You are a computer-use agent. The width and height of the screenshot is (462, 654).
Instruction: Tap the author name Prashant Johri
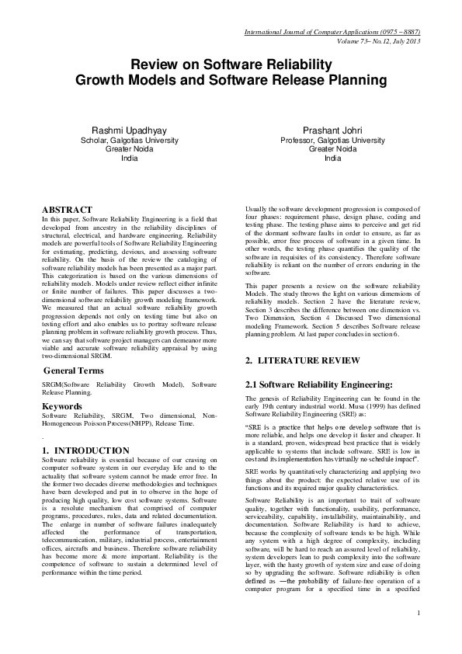pyautogui.click(x=332, y=130)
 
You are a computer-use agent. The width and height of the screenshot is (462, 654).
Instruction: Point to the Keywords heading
pyautogui.click(x=62, y=406)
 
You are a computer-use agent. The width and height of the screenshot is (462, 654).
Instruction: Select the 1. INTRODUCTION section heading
pyautogui.click(x=85, y=450)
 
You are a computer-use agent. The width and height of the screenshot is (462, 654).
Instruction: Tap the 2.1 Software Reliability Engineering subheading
pyautogui.click(x=318, y=384)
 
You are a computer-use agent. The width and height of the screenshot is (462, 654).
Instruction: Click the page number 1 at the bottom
pyautogui.click(x=418, y=635)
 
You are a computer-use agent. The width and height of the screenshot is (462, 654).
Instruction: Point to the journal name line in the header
pyautogui.click(x=332, y=32)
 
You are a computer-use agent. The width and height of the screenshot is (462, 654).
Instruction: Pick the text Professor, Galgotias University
pyautogui.click(x=332, y=141)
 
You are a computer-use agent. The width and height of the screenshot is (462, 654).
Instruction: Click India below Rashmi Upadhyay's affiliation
pyautogui.click(x=130, y=158)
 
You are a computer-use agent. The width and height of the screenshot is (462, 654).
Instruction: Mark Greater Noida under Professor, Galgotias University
pyautogui.click(x=332, y=149)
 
